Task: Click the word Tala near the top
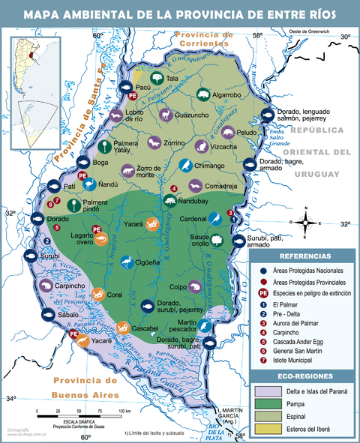172,78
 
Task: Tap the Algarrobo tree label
226,95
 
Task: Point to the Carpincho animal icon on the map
46,286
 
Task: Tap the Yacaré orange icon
83,340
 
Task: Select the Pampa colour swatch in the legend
268,405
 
